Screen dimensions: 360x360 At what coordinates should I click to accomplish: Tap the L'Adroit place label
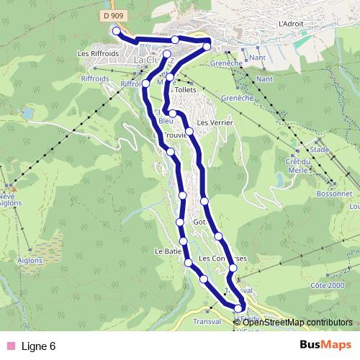pos(292,23)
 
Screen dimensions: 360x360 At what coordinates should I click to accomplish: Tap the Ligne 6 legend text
pos(39,346)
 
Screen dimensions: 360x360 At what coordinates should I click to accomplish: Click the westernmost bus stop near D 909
pos(116,31)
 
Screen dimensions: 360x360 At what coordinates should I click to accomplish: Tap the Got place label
pos(199,222)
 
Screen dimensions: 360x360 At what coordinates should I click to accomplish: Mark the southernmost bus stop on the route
pos(240,310)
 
